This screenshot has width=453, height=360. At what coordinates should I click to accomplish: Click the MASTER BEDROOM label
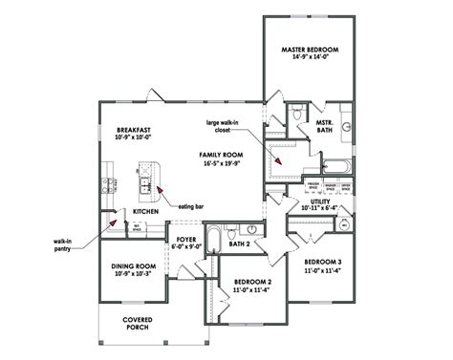pos(311,50)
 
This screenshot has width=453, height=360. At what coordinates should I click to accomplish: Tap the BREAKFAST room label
pos(135,130)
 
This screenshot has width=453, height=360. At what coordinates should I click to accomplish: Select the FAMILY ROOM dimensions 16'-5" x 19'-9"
pos(226,163)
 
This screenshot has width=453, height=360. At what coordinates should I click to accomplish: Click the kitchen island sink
pos(146,184)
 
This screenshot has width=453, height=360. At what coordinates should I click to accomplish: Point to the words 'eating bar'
pos(187,203)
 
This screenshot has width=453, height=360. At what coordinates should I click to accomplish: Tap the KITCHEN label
pos(132,211)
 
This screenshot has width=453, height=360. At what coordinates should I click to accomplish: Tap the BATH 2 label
pos(240,245)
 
